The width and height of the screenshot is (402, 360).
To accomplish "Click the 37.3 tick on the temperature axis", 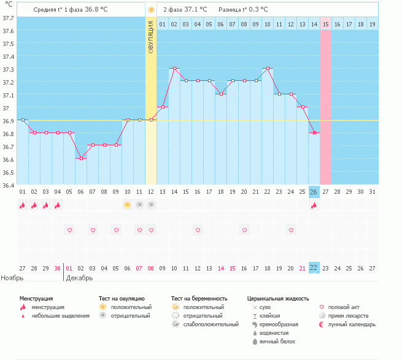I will (x=9, y=69).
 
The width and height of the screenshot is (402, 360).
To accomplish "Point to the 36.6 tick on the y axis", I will (x=9, y=159).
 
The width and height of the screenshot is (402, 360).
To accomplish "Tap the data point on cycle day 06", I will (x=81, y=158).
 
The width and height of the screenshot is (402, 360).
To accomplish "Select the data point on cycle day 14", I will (x=174, y=69).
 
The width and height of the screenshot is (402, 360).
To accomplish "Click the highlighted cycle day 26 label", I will (x=314, y=192).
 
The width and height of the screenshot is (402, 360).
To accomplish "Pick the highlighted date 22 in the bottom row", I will (x=314, y=268).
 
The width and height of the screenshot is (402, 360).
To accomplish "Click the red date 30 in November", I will (x=57, y=268).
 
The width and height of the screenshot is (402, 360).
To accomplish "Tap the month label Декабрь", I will (x=79, y=278).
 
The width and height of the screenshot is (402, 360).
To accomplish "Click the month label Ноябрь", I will (x=12, y=278).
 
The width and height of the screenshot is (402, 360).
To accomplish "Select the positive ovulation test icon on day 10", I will (x=128, y=205).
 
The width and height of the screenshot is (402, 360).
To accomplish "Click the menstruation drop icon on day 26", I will (x=314, y=205).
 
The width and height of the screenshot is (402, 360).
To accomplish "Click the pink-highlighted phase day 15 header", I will (x=325, y=24).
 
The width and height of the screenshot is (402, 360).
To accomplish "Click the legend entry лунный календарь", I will (x=352, y=324).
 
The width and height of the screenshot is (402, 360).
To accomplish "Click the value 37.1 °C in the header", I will (x=196, y=10).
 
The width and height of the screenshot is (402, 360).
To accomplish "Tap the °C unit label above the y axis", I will (x=8, y=6).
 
